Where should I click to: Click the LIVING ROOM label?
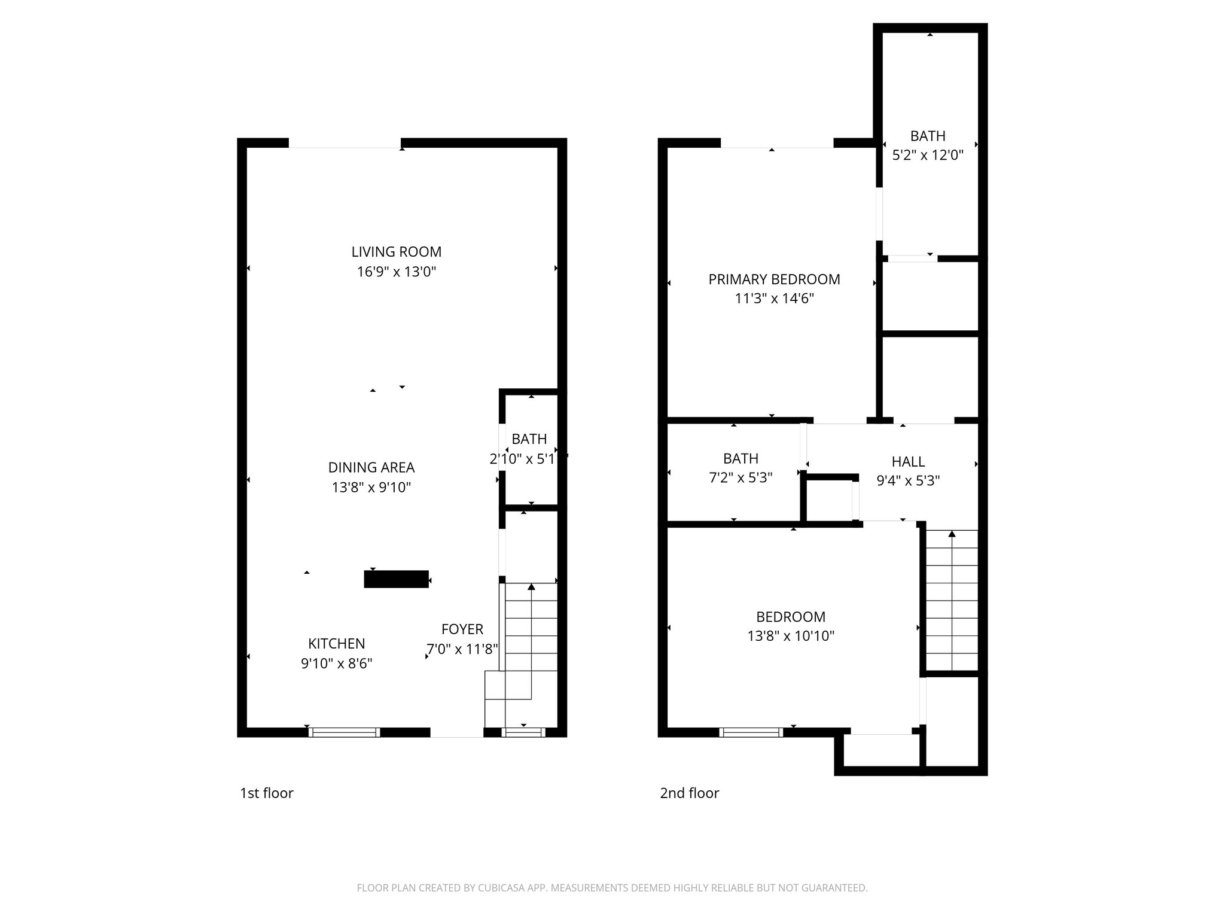point(396,252)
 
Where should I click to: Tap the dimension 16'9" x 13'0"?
point(396,272)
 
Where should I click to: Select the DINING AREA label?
point(371,467)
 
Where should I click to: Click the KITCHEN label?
point(336,643)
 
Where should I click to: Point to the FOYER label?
point(462,629)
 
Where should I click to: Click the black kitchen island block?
point(396,579)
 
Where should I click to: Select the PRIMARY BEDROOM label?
point(774,279)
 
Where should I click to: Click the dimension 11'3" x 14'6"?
point(774,298)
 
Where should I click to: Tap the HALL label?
point(908,461)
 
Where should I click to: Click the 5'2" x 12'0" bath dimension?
point(928,155)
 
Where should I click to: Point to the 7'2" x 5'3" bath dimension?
point(741,477)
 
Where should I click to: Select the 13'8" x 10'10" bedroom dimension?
point(790,635)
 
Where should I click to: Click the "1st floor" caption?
point(266,793)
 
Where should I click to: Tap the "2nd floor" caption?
point(689,793)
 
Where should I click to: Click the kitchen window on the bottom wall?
point(344,732)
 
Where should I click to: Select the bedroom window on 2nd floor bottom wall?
point(751,732)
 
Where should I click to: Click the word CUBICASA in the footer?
point(505,888)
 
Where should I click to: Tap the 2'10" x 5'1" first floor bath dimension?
point(528,459)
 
